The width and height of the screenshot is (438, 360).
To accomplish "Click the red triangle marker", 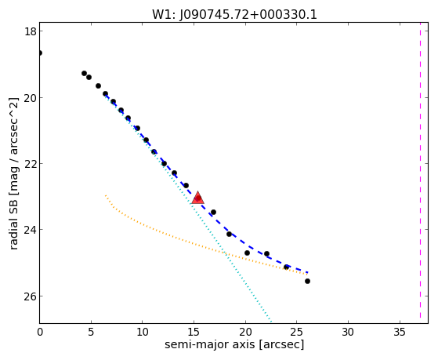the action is click(x=197, y=198).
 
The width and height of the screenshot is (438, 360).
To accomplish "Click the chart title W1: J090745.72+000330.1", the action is click(x=234, y=15).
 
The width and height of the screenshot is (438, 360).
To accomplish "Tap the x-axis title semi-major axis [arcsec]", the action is click(x=234, y=344).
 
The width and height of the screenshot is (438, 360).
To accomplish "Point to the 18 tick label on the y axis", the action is click(x=31, y=31).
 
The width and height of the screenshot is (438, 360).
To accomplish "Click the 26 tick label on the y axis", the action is click(x=31, y=296).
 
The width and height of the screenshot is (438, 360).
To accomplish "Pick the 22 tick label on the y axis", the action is click(x=31, y=164).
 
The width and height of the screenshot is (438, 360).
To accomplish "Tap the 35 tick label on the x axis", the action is click(x=400, y=333).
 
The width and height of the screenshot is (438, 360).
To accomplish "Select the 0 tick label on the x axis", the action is click(x=40, y=333).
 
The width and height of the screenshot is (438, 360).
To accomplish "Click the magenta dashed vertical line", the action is click(x=420, y=173).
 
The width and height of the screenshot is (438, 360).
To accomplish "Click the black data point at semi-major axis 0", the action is click(x=40, y=53).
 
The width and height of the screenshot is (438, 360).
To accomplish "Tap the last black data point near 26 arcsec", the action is click(x=307, y=281).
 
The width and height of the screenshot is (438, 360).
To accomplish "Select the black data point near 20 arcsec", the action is click(x=247, y=253).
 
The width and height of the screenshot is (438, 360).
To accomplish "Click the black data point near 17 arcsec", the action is click(x=213, y=212).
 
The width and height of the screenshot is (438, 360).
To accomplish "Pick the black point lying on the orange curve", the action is click(x=286, y=267).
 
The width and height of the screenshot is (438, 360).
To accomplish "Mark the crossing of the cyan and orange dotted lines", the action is click(x=225, y=253).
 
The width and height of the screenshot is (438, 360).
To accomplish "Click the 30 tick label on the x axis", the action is click(x=348, y=333).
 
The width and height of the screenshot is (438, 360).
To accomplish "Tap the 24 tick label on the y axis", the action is click(x=31, y=229).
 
